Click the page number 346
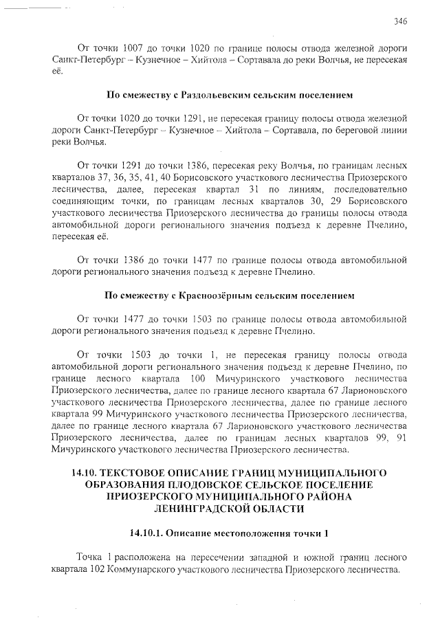pos(400,21)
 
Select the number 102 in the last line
pos(96,570)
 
